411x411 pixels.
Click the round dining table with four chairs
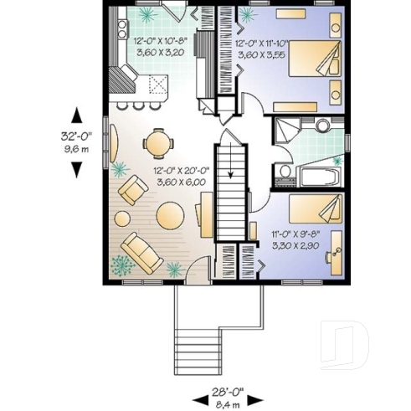pyautogui.click(x=157, y=142)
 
